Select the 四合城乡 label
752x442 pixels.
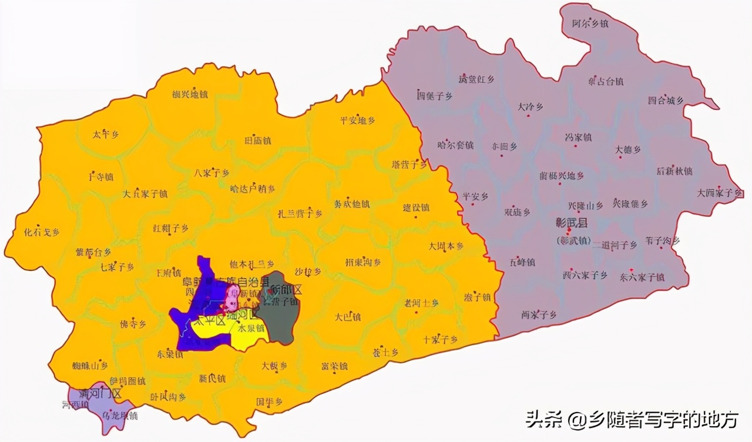pos(666,101)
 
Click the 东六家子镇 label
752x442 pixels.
pos(642,277)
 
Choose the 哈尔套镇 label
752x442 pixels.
pos(455,145)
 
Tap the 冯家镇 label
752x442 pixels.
pos(578,138)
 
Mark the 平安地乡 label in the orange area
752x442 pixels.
pos(357,121)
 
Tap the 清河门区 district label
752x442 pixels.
pos(100,393)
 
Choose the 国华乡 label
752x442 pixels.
pos(269,402)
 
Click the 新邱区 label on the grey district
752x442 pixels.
pos(286,290)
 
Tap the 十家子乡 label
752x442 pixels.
pos(440,340)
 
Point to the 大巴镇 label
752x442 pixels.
pos(347,317)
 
